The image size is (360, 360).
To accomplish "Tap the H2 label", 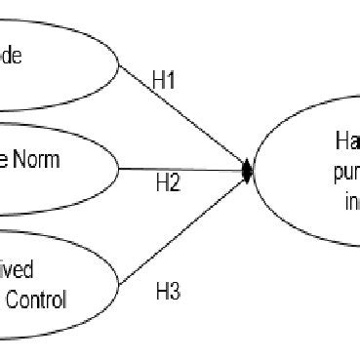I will click(x=167, y=182).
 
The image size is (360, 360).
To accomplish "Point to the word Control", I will click(x=38, y=300).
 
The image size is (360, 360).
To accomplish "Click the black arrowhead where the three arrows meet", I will click(x=248, y=171).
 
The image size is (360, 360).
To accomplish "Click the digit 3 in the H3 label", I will click(x=175, y=290).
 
